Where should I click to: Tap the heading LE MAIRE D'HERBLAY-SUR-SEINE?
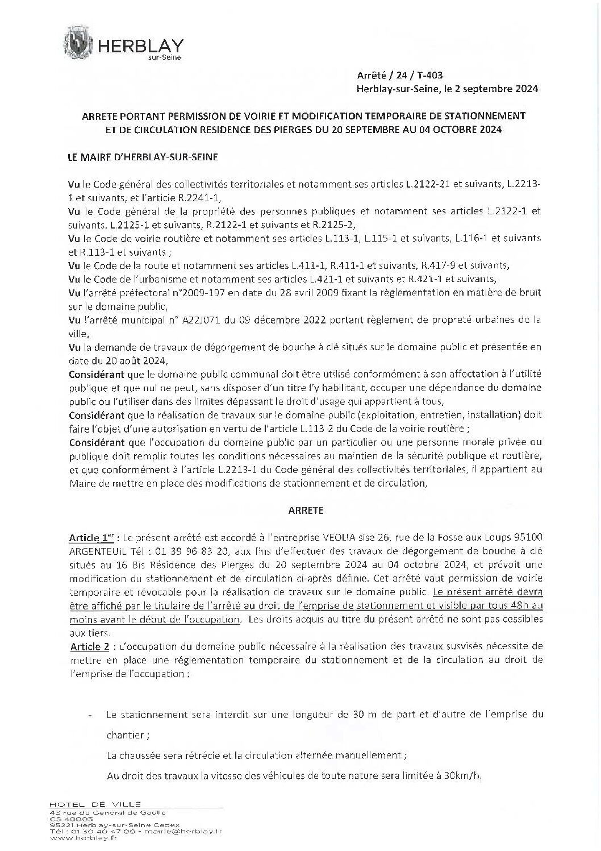pos(142,157)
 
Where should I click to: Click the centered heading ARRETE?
pos(305,510)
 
